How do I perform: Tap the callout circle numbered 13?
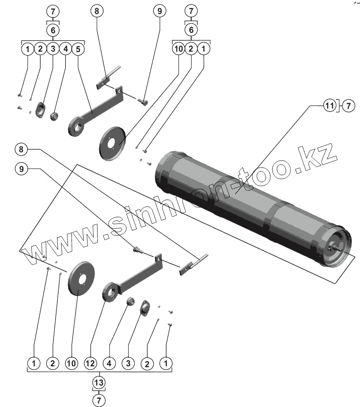pyautogui.click(x=99, y=382)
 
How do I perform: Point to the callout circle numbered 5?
pyautogui.click(x=77, y=49)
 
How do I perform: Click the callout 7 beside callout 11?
pyautogui.click(x=349, y=105)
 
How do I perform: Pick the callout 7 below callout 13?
pyautogui.click(x=99, y=400)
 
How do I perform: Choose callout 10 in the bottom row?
pyautogui.click(x=72, y=363)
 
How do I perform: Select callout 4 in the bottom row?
pyautogui.click(x=109, y=363)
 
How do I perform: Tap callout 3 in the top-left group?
pyautogui.click(x=52, y=49)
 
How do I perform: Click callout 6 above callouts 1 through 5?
pyautogui.click(x=52, y=30)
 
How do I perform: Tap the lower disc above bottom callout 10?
pyautogui.click(x=82, y=279)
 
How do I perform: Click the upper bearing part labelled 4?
pyautogui.click(x=55, y=117)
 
